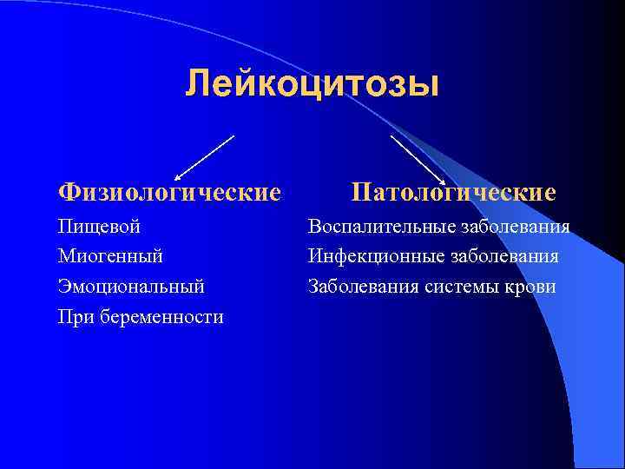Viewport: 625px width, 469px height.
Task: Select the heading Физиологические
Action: click(169, 191)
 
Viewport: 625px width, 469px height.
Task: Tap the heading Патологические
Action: click(453, 191)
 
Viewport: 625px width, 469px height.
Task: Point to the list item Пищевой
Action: click(100, 228)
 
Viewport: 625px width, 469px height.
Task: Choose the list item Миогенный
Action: click(110, 256)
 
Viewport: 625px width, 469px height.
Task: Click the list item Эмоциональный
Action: click(131, 286)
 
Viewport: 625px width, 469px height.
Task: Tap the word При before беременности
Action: click(73, 316)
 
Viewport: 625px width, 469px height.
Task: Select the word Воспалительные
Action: click(377, 228)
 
